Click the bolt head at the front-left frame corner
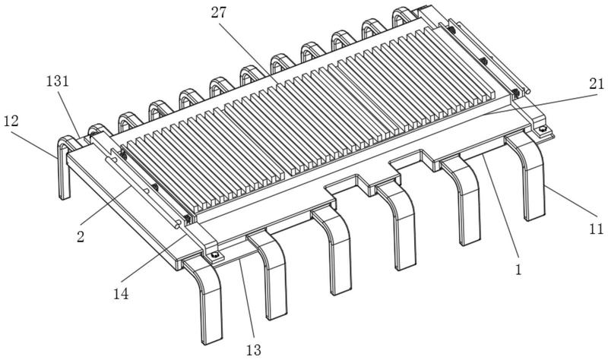pos(216,254)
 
